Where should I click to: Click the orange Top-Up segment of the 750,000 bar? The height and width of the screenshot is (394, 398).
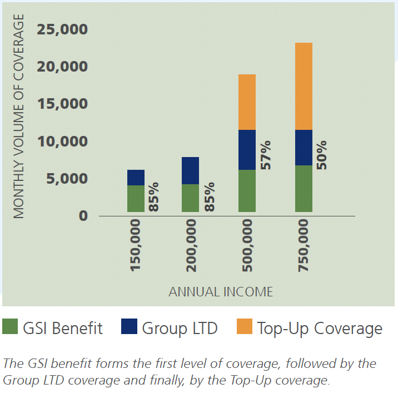click(x=304, y=86)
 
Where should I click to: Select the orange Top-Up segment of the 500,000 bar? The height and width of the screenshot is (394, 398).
click(x=247, y=102)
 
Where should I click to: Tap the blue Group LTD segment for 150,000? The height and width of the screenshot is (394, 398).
click(x=136, y=178)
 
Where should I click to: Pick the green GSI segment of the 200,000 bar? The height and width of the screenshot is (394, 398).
click(x=191, y=198)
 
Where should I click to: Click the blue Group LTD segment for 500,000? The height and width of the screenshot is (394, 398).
click(x=247, y=150)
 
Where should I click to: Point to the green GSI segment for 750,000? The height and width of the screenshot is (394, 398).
click(x=304, y=189)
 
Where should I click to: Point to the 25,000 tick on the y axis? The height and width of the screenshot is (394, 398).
click(x=62, y=29)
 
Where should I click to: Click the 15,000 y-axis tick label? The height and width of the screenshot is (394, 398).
click(x=62, y=104)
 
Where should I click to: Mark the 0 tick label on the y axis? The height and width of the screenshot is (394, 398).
click(x=83, y=215)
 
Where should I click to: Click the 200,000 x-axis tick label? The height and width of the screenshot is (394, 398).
click(x=192, y=245)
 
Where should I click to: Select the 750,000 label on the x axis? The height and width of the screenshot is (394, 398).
click(x=304, y=245)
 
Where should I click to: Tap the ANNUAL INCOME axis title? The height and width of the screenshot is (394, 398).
click(x=221, y=291)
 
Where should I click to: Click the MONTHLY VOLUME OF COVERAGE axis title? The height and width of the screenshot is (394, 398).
click(x=19, y=117)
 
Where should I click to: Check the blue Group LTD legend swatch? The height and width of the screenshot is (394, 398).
click(x=129, y=327)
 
